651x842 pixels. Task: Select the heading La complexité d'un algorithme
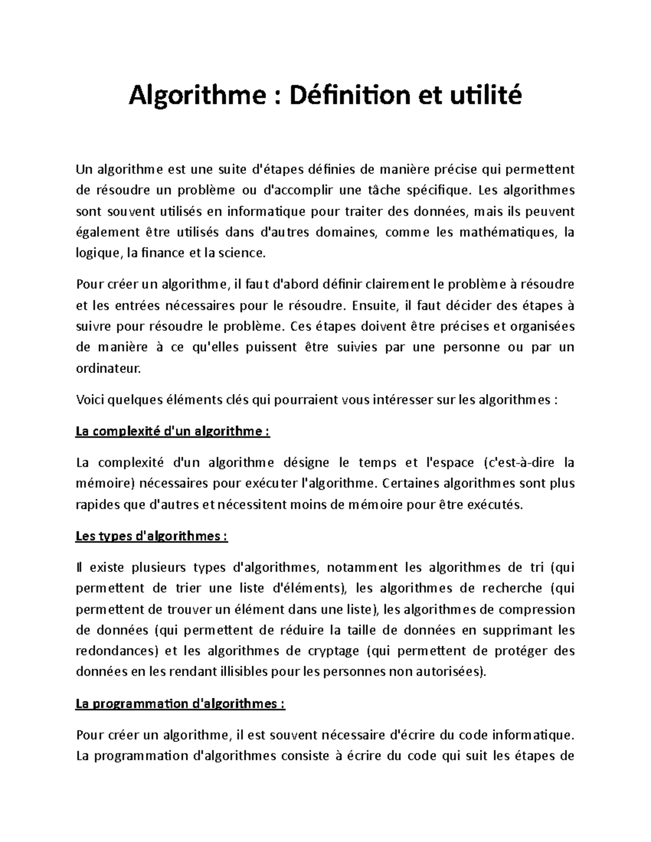(x=173, y=432)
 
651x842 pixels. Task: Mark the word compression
(x=536, y=609)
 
